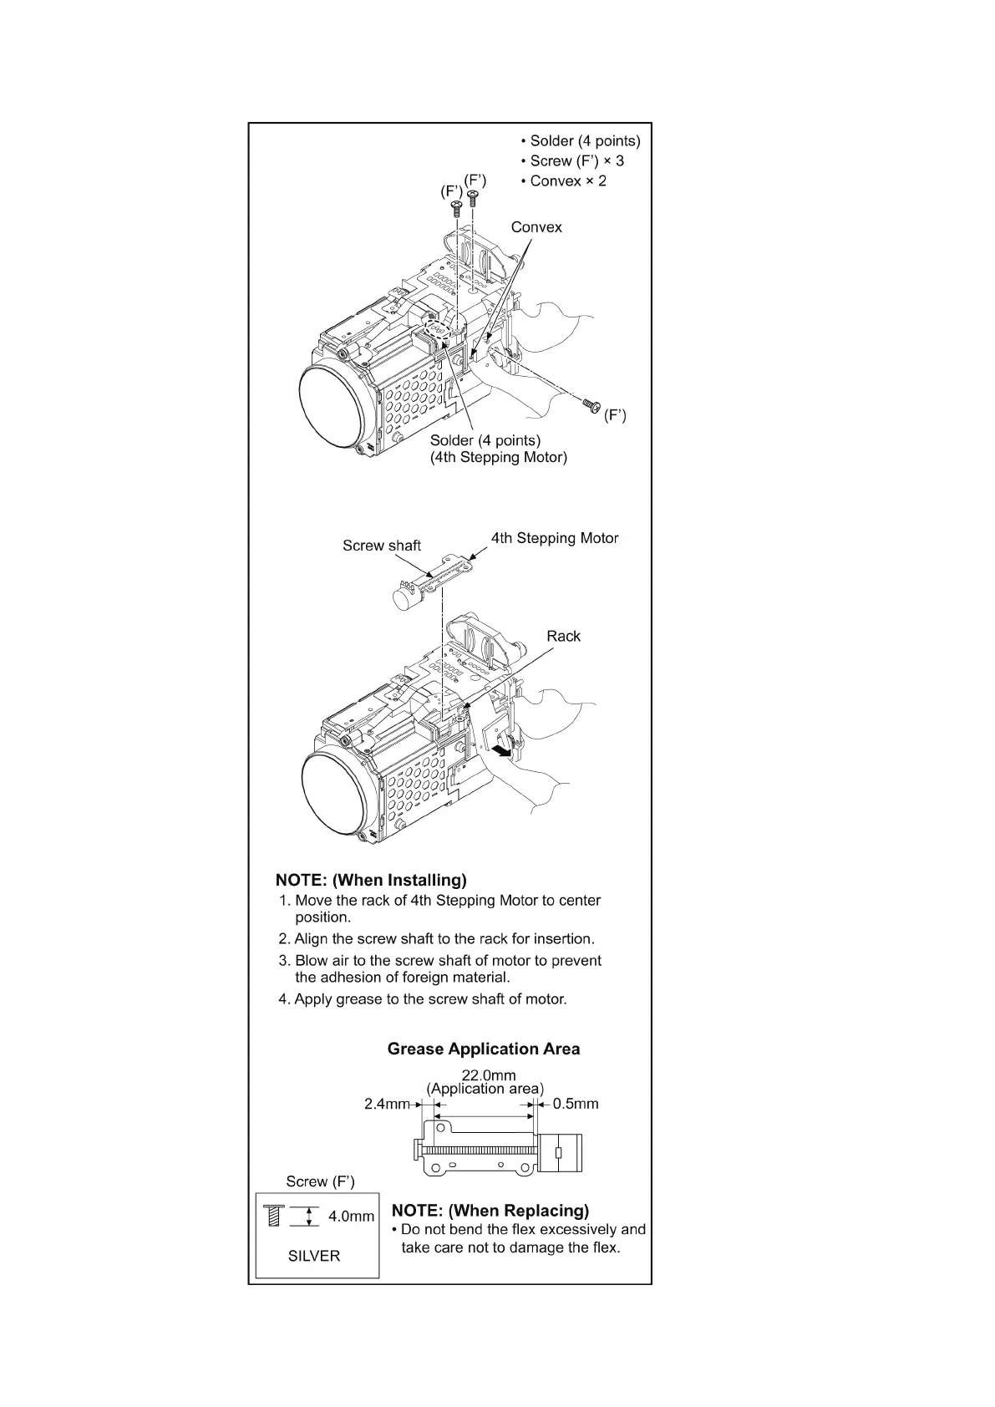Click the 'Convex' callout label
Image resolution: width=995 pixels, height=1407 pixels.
pos(536,227)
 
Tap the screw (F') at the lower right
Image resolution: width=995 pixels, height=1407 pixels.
pos(592,405)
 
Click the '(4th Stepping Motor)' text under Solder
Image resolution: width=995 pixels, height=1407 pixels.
pos(498,458)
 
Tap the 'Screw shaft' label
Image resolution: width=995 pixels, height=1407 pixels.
pos(382,546)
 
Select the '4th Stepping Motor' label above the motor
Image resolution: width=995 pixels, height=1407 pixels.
pos(555,539)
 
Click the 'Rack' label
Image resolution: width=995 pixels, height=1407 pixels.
pos(563,637)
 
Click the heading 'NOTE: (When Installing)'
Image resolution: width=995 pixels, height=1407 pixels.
pos(371,880)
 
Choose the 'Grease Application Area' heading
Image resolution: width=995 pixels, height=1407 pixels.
pos(483,1049)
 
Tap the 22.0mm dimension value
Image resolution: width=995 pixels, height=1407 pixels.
pos(489,1075)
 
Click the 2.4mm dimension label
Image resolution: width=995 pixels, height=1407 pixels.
pos(387,1105)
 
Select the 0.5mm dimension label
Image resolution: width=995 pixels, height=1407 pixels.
pos(576,1105)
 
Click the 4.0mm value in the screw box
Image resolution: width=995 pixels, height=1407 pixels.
pos(351,1217)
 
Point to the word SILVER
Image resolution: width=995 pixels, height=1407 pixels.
pos(314,1256)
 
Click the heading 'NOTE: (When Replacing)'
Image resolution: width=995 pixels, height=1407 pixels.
pos(490,1211)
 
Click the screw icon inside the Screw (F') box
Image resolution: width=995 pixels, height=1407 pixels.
pos(274,1216)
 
